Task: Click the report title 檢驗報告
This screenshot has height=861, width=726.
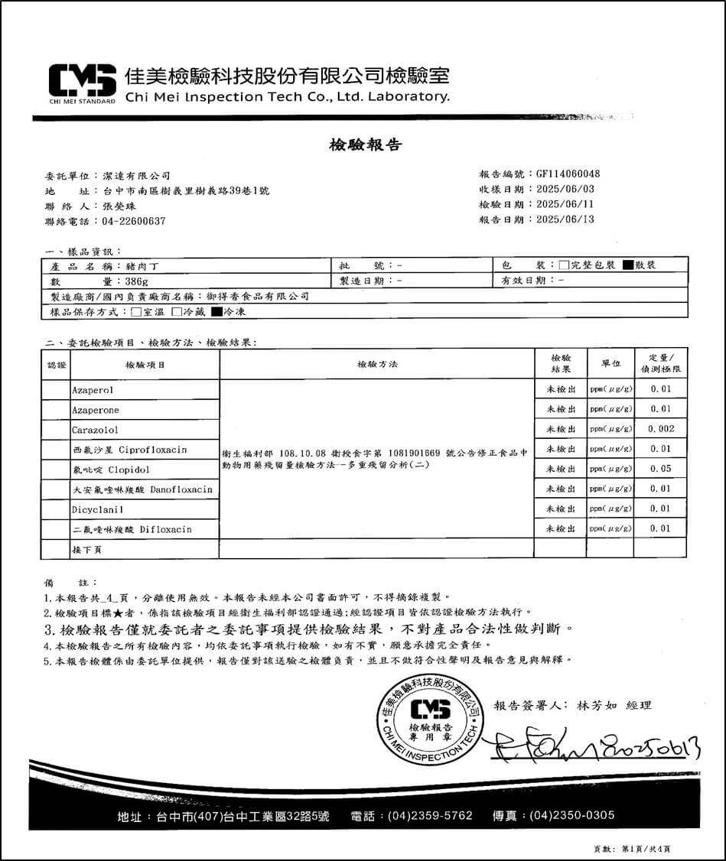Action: [x=365, y=145]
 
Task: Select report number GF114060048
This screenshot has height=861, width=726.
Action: [x=568, y=174]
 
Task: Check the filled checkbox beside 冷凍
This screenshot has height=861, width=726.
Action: [x=216, y=312]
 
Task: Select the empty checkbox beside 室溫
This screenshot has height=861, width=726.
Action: [x=136, y=312]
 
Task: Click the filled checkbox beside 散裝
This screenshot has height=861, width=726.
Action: [x=628, y=265]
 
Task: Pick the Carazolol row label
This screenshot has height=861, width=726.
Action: [x=96, y=430]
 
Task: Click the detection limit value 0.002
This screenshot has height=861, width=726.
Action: [x=660, y=430]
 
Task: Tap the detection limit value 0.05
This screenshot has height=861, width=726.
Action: [x=660, y=469]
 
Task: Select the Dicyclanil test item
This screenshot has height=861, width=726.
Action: [x=98, y=509]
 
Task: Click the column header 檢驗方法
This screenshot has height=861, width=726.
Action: [x=376, y=365]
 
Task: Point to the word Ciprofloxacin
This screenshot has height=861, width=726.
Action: [x=153, y=450]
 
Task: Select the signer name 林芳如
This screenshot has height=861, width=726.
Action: [x=595, y=706]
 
